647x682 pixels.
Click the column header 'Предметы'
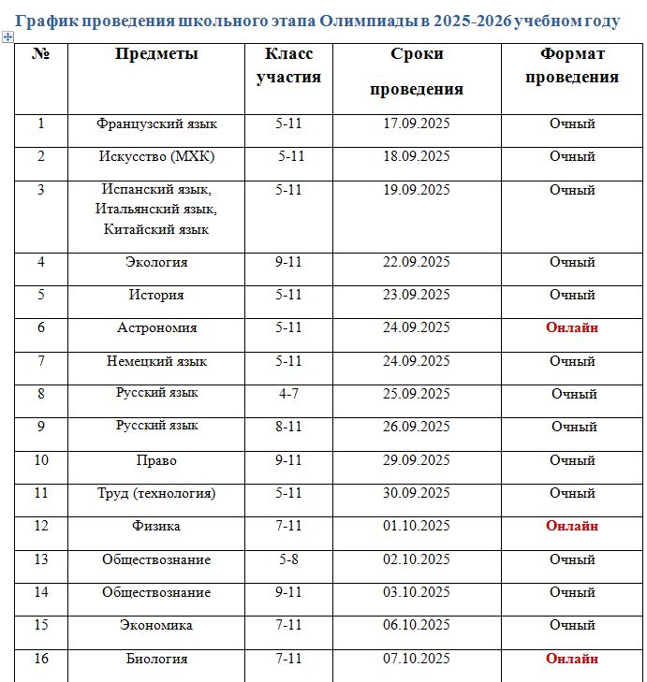(x=156, y=54)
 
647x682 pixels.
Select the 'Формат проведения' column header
(x=571, y=65)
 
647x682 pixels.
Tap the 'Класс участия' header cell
(x=288, y=65)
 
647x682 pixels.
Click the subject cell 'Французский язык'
(x=156, y=123)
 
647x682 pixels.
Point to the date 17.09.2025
(x=417, y=123)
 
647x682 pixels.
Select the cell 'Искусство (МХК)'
(x=156, y=156)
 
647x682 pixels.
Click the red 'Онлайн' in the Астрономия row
(x=572, y=327)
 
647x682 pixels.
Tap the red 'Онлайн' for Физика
(x=572, y=526)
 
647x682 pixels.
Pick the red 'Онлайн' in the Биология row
(x=572, y=659)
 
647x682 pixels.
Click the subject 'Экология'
(x=156, y=262)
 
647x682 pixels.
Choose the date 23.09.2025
(x=417, y=295)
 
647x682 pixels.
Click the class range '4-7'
(x=288, y=394)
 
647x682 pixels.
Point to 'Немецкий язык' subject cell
(x=156, y=361)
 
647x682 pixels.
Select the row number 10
(x=41, y=460)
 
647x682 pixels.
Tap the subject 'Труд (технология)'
(x=156, y=493)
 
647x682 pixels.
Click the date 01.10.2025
(x=417, y=526)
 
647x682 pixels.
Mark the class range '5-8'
(x=288, y=559)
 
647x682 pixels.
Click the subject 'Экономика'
(x=156, y=625)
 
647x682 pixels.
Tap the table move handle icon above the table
(x=8, y=36)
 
